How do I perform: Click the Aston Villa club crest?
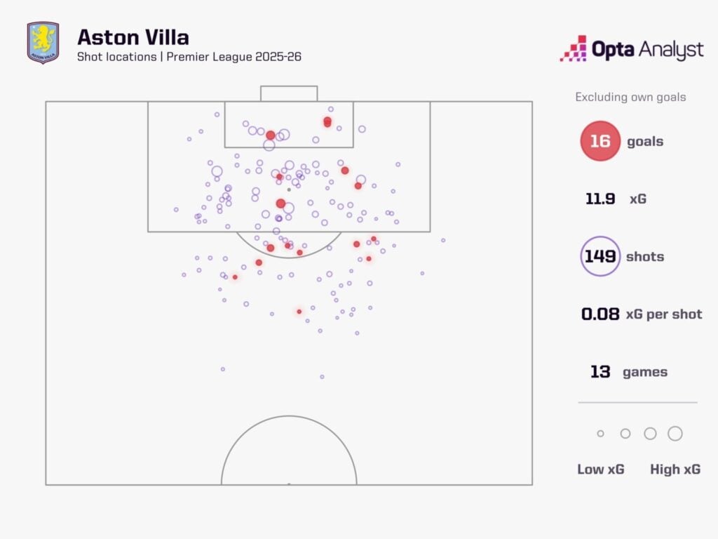point(43,43)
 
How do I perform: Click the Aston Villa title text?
point(133,36)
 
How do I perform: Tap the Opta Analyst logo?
point(631,50)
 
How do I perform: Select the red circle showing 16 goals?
point(600,141)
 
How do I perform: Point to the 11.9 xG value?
point(600,199)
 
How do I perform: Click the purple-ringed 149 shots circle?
point(600,256)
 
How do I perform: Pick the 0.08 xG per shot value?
point(600,314)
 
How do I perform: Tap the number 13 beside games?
point(600,372)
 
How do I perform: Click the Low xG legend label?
point(600,470)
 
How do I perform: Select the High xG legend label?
point(675,470)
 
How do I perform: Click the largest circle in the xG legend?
point(675,434)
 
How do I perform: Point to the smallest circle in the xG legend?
point(600,434)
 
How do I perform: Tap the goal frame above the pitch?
point(289,93)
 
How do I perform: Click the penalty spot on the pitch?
point(289,189)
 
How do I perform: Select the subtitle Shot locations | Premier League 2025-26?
point(189,57)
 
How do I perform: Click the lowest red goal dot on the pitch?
point(299,312)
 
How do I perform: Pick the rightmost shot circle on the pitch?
point(443,240)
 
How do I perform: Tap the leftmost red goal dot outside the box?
point(235,277)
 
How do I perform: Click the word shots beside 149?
point(644,256)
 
